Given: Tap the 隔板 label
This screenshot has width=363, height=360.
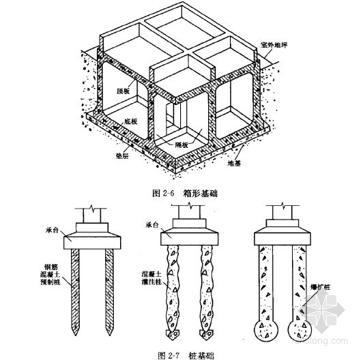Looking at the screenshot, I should pos(181,145).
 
